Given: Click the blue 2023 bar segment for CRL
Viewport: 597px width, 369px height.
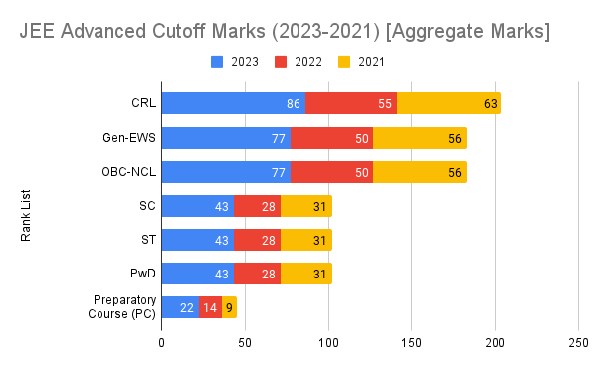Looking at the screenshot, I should point(233,103).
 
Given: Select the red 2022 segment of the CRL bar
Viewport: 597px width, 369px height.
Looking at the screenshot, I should point(351,103).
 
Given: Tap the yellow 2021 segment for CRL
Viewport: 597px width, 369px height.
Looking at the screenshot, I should point(449,103).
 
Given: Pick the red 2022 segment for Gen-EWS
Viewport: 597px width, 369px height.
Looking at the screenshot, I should point(331,138).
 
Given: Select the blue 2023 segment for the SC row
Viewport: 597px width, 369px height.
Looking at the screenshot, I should point(197,206).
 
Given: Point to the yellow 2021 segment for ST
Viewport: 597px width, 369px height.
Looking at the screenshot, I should point(306,240).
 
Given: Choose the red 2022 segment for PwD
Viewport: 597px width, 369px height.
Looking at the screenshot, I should point(257,274).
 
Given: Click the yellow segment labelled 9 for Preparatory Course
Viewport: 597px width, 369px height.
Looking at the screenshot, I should point(229,307).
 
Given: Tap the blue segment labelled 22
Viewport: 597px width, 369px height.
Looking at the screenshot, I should point(180,307).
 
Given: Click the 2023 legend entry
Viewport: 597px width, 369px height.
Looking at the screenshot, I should point(235,62).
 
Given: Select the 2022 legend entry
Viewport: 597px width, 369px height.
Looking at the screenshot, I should point(300,62).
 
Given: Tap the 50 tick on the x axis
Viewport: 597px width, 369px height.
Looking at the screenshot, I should point(245,342).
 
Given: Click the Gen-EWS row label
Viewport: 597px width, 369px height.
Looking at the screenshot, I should point(127,138).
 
